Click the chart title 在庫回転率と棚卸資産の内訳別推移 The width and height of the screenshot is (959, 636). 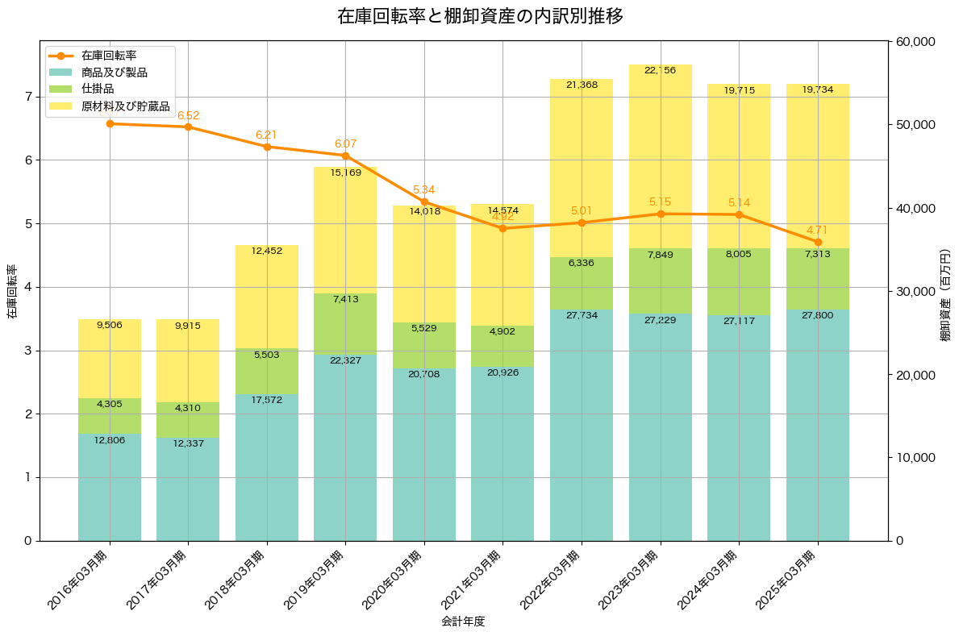479,16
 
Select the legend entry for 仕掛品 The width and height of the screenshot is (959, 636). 98,89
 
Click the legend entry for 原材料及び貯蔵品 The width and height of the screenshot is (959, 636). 125,106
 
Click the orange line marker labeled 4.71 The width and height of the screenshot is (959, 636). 818,242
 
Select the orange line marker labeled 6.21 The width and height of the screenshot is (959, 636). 267,147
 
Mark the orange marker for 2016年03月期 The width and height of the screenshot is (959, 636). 110,123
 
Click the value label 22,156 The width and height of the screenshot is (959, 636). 660,71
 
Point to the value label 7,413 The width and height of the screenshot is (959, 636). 345,299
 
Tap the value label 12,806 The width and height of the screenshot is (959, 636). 110,440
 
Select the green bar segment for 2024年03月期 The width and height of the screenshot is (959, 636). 739,282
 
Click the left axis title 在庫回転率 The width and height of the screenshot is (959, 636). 11,291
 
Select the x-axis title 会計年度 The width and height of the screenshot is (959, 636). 463,621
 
